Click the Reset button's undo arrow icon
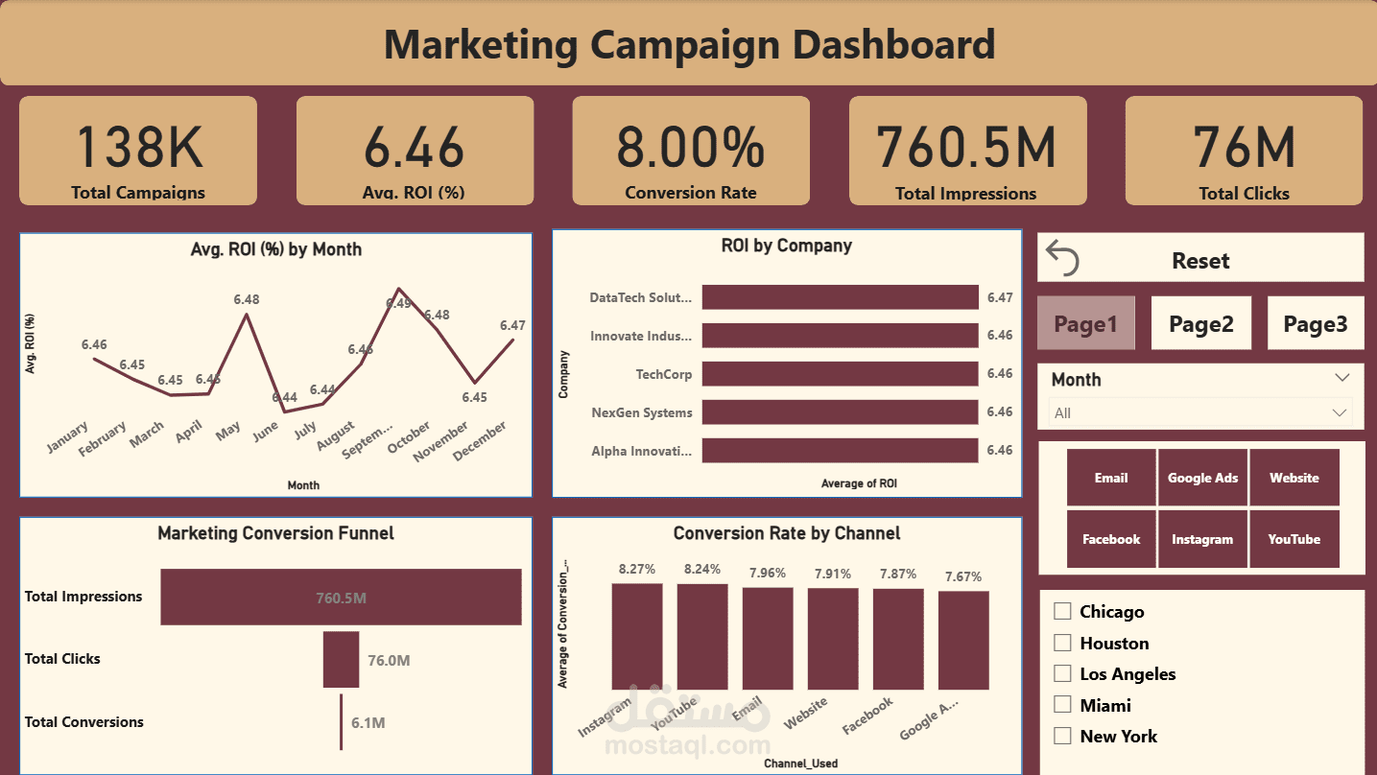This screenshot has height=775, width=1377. coord(1062,259)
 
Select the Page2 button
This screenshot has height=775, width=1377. coord(1200,324)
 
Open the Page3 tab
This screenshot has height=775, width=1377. coord(1315,324)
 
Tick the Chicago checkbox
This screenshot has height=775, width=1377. coord(1062,611)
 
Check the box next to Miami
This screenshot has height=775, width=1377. coord(1062,704)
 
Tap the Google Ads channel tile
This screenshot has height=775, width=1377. coord(1202,478)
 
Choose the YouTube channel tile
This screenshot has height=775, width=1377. coord(1294,539)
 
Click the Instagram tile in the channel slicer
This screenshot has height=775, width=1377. coord(1202,539)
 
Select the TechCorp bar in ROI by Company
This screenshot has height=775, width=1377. coord(840,374)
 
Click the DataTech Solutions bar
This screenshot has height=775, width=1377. coord(840,297)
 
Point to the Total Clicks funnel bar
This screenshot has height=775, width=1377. coord(341,659)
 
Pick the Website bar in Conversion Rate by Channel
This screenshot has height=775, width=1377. coord(832,638)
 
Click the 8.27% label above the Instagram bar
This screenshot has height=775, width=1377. coord(637,569)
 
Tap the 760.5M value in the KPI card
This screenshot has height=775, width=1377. coord(966,147)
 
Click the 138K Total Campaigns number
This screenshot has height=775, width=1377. coord(138,147)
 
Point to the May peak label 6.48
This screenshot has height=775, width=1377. coord(247,299)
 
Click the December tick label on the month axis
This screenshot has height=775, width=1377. coord(480,441)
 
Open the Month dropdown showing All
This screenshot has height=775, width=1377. coord(1200,412)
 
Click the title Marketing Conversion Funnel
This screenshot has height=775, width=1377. coord(275,533)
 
